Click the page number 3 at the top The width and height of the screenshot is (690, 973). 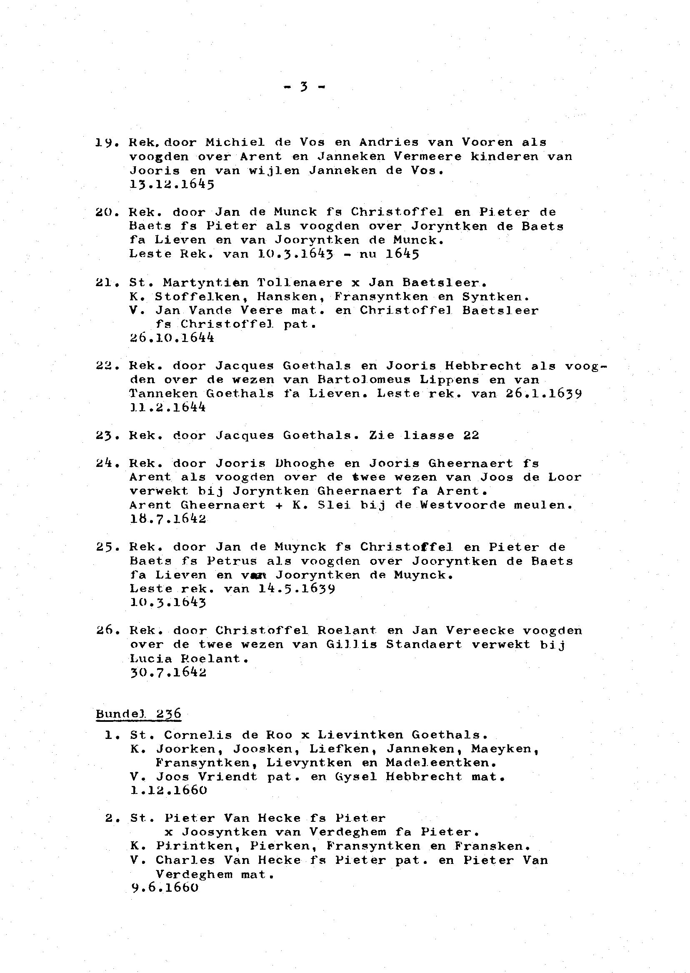point(303,87)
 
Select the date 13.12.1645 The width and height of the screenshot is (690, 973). point(172,185)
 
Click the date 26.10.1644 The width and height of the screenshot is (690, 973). point(172,338)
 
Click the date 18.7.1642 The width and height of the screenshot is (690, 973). point(168,519)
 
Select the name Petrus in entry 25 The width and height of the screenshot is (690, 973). point(232,561)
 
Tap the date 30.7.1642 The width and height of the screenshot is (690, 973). point(168,672)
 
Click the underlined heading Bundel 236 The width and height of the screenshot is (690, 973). point(138,714)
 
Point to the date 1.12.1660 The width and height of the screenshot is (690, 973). point(169,791)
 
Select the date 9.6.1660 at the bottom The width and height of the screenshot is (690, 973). point(165,888)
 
